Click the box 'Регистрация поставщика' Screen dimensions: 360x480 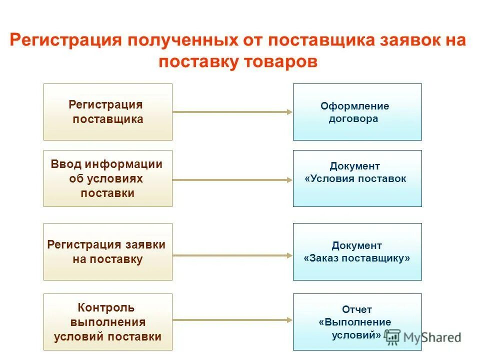[x=107, y=111]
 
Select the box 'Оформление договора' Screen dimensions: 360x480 [x=357, y=111]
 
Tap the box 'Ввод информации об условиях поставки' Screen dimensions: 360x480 [x=107, y=178]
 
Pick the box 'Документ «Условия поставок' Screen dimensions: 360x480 [x=357, y=178]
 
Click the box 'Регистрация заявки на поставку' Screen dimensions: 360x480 [x=107, y=251]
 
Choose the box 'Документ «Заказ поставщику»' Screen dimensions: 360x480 [x=357, y=251]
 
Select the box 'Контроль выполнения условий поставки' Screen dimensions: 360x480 [x=107, y=321]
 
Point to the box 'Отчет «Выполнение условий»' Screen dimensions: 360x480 [x=357, y=321]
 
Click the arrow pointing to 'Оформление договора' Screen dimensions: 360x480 [x=232, y=112]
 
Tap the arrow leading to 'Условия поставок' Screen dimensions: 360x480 [x=232, y=179]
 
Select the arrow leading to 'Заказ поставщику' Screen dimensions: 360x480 [x=232, y=255]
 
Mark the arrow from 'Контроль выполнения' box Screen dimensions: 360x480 [x=232, y=319]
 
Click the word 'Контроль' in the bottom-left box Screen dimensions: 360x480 [x=106, y=307]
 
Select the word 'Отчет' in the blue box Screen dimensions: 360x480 [x=357, y=309]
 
